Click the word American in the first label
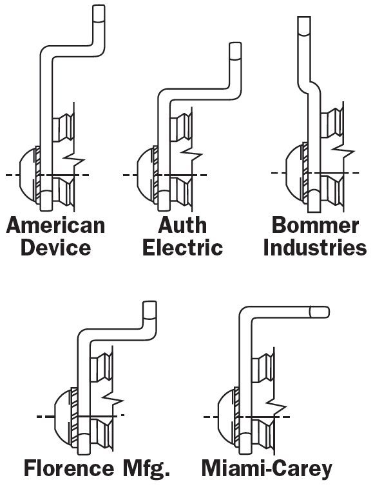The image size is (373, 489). (x=55, y=225)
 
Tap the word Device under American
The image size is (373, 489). (x=55, y=247)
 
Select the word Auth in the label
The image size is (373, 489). (x=182, y=225)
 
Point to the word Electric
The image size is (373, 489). (x=182, y=247)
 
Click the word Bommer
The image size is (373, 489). (x=315, y=225)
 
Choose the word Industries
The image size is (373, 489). (x=315, y=247)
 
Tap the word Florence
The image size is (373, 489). (x=69, y=468)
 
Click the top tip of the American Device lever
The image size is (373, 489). (x=99, y=6)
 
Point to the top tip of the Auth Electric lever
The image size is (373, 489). (x=235, y=43)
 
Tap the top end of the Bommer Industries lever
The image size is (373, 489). (x=304, y=17)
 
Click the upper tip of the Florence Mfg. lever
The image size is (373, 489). (x=149, y=302)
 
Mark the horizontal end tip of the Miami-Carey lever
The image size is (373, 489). (x=329, y=312)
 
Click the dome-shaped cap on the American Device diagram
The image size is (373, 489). (x=28, y=175)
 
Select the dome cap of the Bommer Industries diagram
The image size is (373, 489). (x=294, y=172)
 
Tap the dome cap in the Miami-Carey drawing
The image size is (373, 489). (x=224, y=417)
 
